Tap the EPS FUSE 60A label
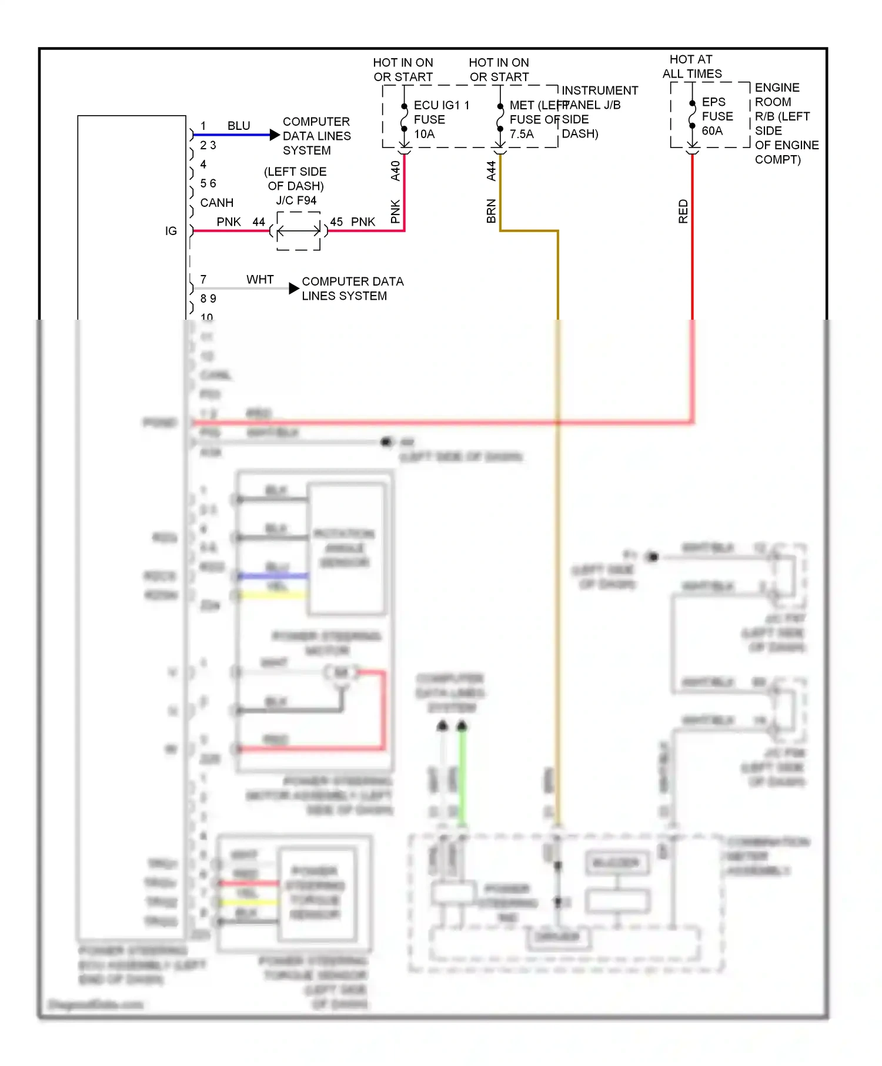(x=717, y=116)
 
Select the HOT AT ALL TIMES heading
(x=691, y=66)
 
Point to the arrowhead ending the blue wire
(x=275, y=135)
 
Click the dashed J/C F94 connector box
(x=299, y=231)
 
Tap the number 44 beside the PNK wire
(x=259, y=222)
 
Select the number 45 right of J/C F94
(x=336, y=222)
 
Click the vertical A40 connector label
(x=396, y=171)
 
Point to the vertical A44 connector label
(x=492, y=171)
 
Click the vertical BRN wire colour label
(x=492, y=211)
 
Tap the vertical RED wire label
(x=683, y=211)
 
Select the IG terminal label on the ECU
(x=171, y=231)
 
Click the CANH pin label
(x=216, y=203)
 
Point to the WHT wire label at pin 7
(x=260, y=279)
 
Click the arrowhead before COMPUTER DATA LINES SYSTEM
(x=294, y=289)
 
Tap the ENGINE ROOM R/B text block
(x=786, y=123)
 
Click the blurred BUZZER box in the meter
(x=616, y=863)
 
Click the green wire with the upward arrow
(x=463, y=776)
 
